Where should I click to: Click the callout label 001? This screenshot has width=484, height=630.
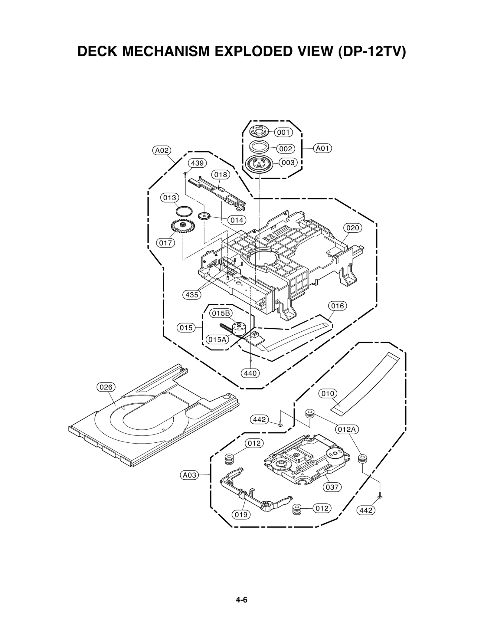(283, 132)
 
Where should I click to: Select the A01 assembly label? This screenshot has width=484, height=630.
(322, 148)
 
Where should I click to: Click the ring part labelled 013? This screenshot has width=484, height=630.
(184, 211)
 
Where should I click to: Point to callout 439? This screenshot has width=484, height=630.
(197, 163)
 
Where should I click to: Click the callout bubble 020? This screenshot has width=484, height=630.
(352, 228)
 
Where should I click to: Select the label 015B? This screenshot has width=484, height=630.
(221, 313)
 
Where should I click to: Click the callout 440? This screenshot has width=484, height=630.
(250, 373)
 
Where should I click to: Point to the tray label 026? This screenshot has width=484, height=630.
(106, 387)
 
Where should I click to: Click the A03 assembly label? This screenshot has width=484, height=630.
(190, 475)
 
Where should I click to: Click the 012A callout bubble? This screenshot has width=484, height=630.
(347, 429)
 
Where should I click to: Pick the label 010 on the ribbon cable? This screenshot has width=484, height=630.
(328, 393)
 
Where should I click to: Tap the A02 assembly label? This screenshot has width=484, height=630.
(162, 150)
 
